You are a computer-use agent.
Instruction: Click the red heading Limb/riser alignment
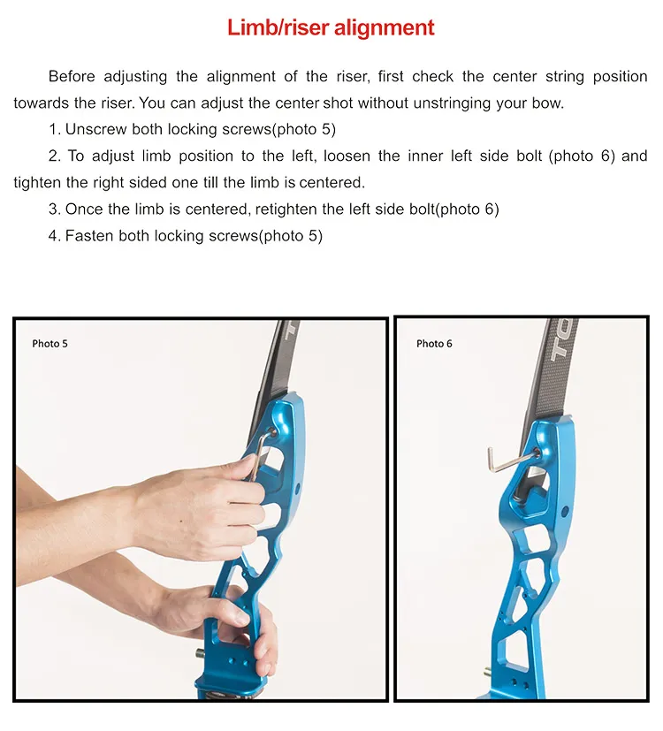(331, 27)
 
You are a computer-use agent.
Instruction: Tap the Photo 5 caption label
(50, 344)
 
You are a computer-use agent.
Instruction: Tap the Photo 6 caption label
(434, 344)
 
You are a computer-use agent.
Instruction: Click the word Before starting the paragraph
(72, 76)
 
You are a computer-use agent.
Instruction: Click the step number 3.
(54, 209)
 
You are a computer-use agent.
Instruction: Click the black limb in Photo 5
(273, 369)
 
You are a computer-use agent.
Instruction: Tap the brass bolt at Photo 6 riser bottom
(488, 673)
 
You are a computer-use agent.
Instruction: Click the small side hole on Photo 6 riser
(565, 513)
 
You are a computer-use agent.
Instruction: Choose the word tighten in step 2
(35, 182)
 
